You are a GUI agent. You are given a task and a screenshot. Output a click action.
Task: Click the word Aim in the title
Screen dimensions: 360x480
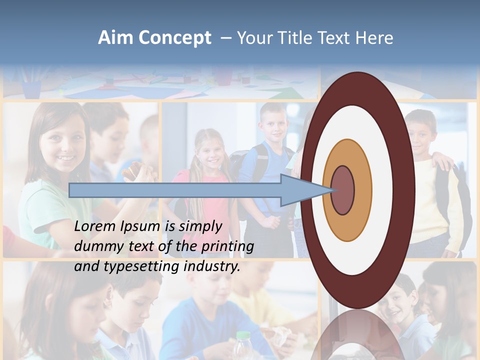[115, 38]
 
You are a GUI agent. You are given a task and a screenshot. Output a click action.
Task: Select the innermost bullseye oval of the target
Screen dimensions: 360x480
[343, 190]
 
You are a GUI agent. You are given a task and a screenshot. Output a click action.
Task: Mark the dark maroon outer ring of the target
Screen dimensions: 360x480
[405, 190]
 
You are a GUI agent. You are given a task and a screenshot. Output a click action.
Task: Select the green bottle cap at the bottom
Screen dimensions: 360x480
[243, 335]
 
